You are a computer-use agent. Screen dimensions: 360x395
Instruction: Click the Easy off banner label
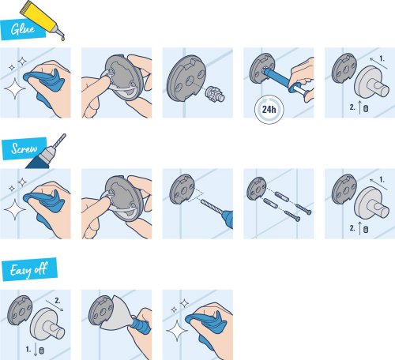(x=27, y=269)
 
